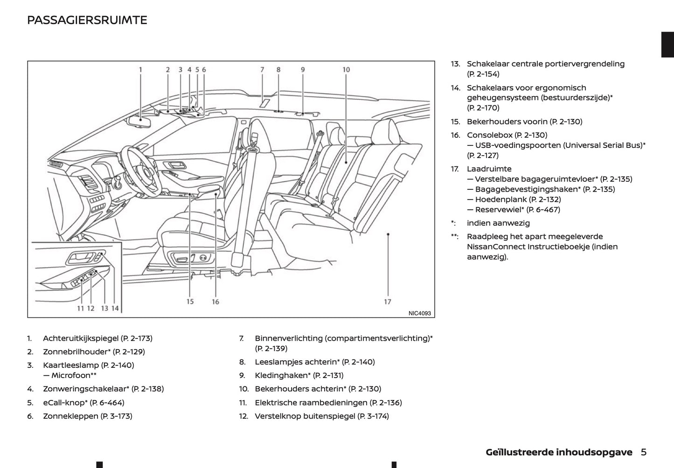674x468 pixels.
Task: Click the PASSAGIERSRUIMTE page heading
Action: [x=87, y=20]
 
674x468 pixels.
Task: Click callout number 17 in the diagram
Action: [x=388, y=302]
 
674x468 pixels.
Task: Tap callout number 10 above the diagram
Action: [x=346, y=70]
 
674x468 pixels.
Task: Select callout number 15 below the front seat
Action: [x=190, y=302]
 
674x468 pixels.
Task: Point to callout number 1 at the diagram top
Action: [x=140, y=70]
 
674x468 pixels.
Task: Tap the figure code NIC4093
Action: [x=419, y=313]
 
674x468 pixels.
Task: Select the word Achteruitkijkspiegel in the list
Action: [x=81, y=338]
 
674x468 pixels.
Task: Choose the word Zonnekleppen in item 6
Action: [x=70, y=416]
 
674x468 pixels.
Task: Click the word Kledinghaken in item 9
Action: [x=281, y=375]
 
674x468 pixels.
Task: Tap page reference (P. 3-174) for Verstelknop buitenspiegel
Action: [x=373, y=416]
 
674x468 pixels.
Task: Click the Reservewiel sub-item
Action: [x=500, y=210]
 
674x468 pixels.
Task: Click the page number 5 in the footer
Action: [x=644, y=452]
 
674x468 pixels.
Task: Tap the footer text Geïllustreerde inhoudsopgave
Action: [x=559, y=452]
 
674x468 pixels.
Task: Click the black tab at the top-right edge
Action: [x=667, y=45]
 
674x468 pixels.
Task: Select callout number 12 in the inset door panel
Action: [x=90, y=308]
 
